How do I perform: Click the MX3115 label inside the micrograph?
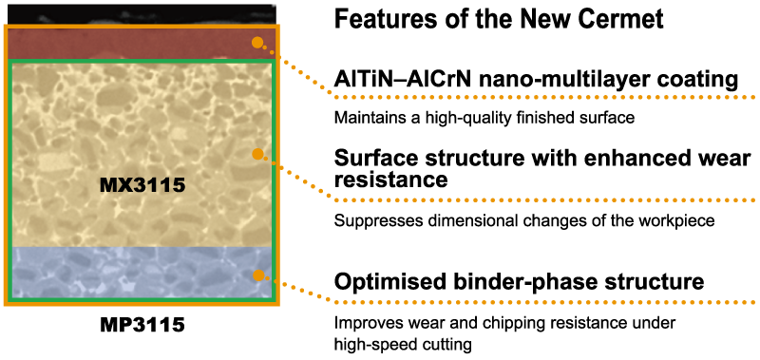pyautogui.click(x=142, y=184)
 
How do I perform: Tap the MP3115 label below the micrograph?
pyautogui.click(x=142, y=325)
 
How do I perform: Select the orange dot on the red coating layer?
pyautogui.click(x=257, y=43)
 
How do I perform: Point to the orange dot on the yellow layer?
pyautogui.click(x=257, y=154)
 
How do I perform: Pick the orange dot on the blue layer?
pyautogui.click(x=258, y=275)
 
